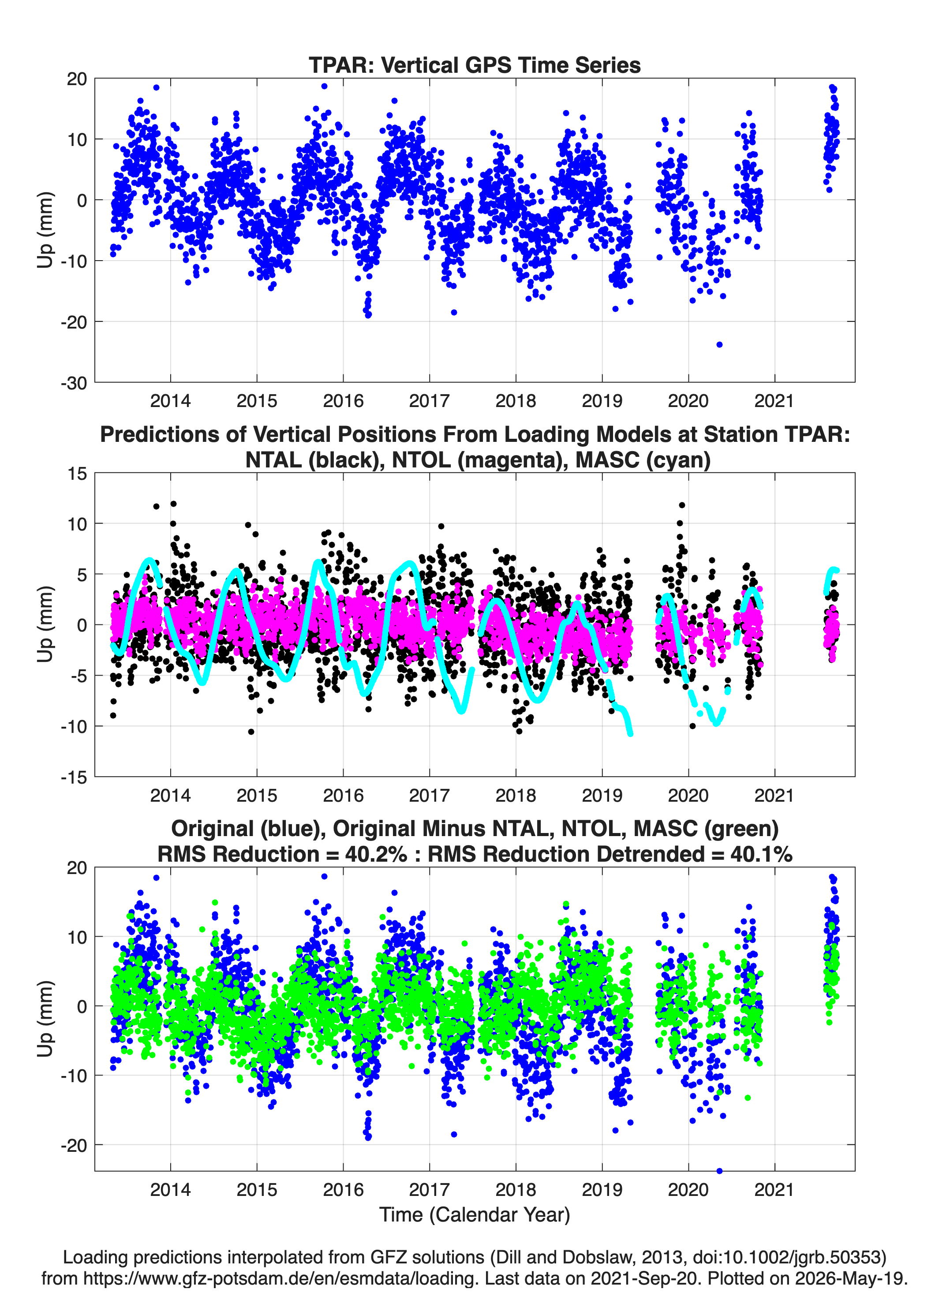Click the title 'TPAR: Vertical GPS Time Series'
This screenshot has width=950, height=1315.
pyautogui.click(x=475, y=65)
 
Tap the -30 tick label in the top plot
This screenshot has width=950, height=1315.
pyautogui.click(x=74, y=383)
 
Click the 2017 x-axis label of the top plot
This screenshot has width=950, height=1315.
pyautogui.click(x=429, y=401)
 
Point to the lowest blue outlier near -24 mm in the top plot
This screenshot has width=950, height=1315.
pyautogui.click(x=719, y=344)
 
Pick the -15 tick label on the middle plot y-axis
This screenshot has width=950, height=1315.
pyautogui.click(x=74, y=777)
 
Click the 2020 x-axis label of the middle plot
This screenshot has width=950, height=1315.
pyautogui.click(x=688, y=795)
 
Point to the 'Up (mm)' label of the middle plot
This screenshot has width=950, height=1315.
pyautogui.click(x=45, y=624)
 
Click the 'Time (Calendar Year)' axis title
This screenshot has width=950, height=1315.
pyautogui.click(x=475, y=1214)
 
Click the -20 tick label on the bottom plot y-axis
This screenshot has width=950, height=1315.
pyautogui.click(x=74, y=1145)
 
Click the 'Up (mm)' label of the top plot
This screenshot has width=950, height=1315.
pyautogui.click(x=45, y=230)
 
